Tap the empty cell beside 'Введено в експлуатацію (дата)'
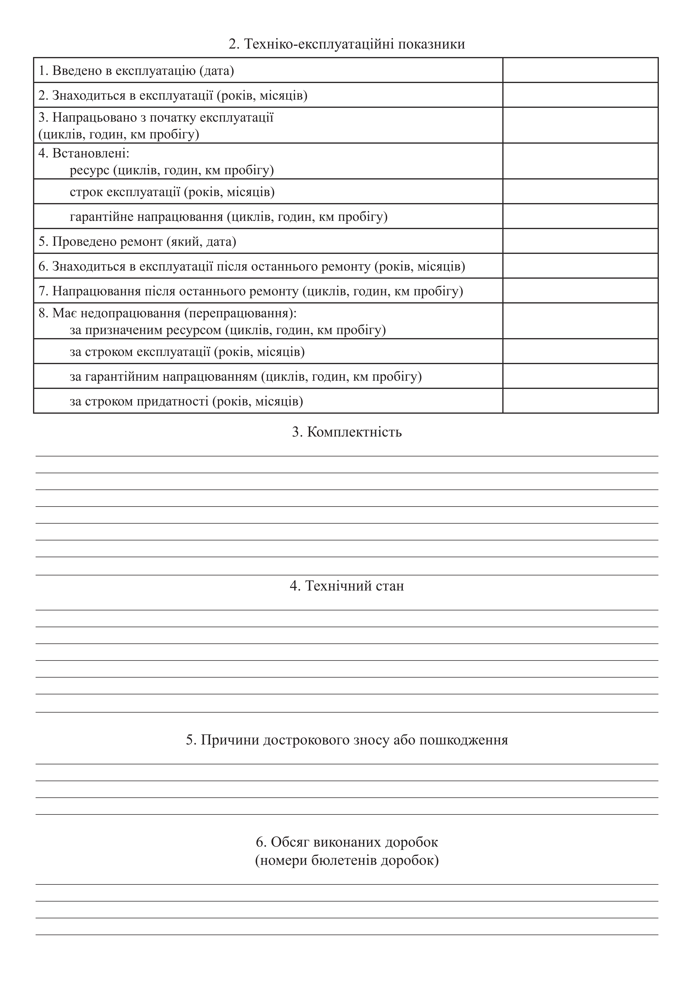tap(580, 70)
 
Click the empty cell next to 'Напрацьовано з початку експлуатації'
tap(580, 125)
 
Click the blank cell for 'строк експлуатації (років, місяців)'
tap(580, 192)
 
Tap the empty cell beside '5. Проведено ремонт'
tap(580, 241)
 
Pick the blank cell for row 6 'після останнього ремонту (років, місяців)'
tap(580, 266)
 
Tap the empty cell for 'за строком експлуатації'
tap(580, 352)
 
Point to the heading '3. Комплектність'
tap(347, 432)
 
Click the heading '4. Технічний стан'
tap(347, 586)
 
